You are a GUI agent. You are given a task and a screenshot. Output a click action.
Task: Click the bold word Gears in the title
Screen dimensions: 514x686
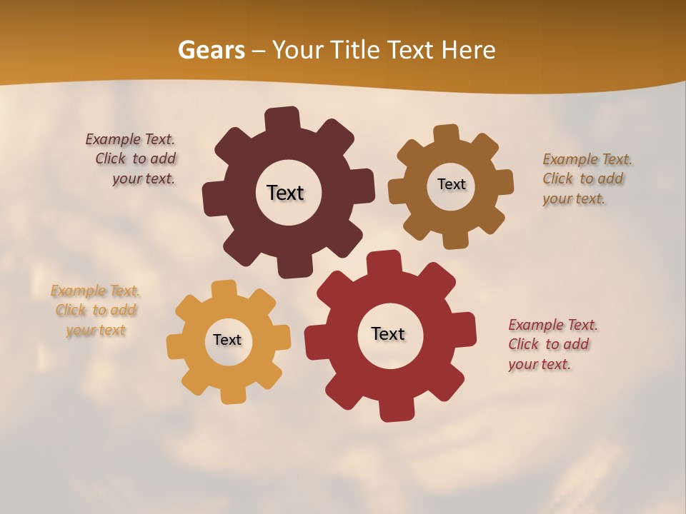pyautogui.click(x=212, y=50)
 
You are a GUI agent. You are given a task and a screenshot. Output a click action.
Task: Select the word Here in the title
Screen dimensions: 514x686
pyautogui.click(x=468, y=50)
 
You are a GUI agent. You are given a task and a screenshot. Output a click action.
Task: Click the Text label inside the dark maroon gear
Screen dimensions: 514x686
pyautogui.click(x=285, y=193)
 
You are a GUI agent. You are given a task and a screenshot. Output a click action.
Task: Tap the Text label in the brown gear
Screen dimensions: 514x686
pyautogui.click(x=451, y=184)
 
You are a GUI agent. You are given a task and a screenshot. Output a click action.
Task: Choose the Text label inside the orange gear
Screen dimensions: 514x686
pyautogui.click(x=227, y=340)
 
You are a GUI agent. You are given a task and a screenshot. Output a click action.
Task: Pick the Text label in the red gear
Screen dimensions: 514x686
pyautogui.click(x=388, y=333)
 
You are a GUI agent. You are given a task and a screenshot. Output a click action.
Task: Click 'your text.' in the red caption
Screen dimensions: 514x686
pyautogui.click(x=540, y=364)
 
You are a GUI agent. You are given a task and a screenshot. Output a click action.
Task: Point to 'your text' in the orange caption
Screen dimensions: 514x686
pyautogui.click(x=96, y=330)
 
